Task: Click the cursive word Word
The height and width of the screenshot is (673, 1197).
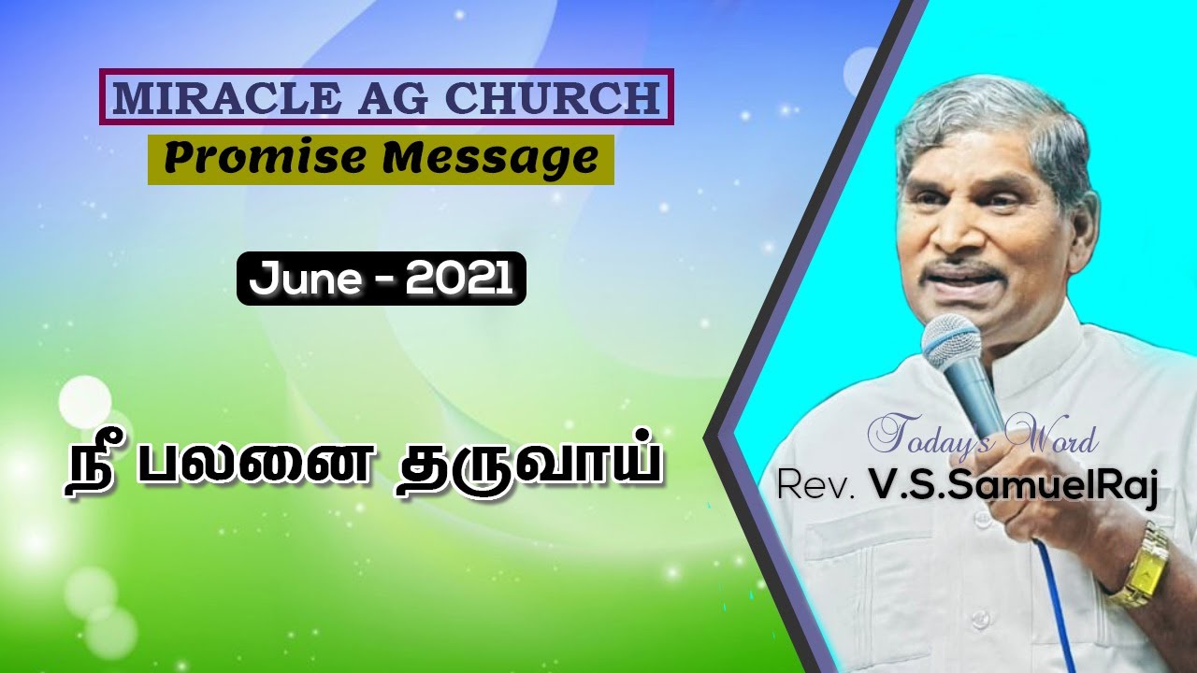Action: [x=1049, y=437]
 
